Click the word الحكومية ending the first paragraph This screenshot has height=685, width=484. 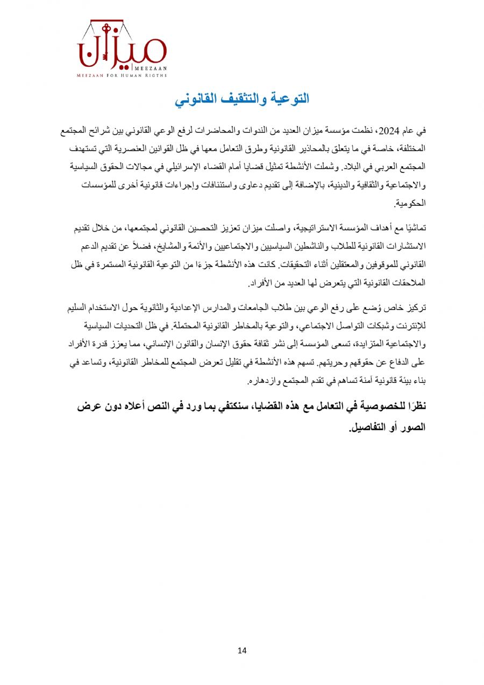[410, 204]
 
